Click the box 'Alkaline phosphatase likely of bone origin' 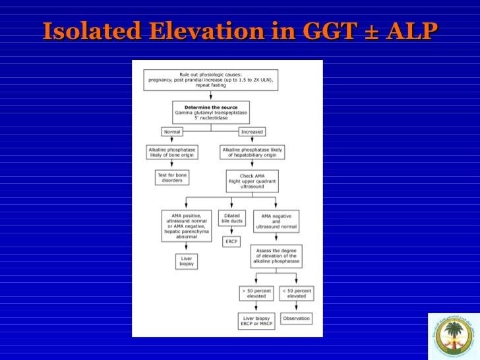(174, 152)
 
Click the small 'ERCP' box (231, 242)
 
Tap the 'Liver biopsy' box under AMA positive (187, 262)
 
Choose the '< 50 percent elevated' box (297, 293)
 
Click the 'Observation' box (297, 318)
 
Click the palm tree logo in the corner (454, 336)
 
